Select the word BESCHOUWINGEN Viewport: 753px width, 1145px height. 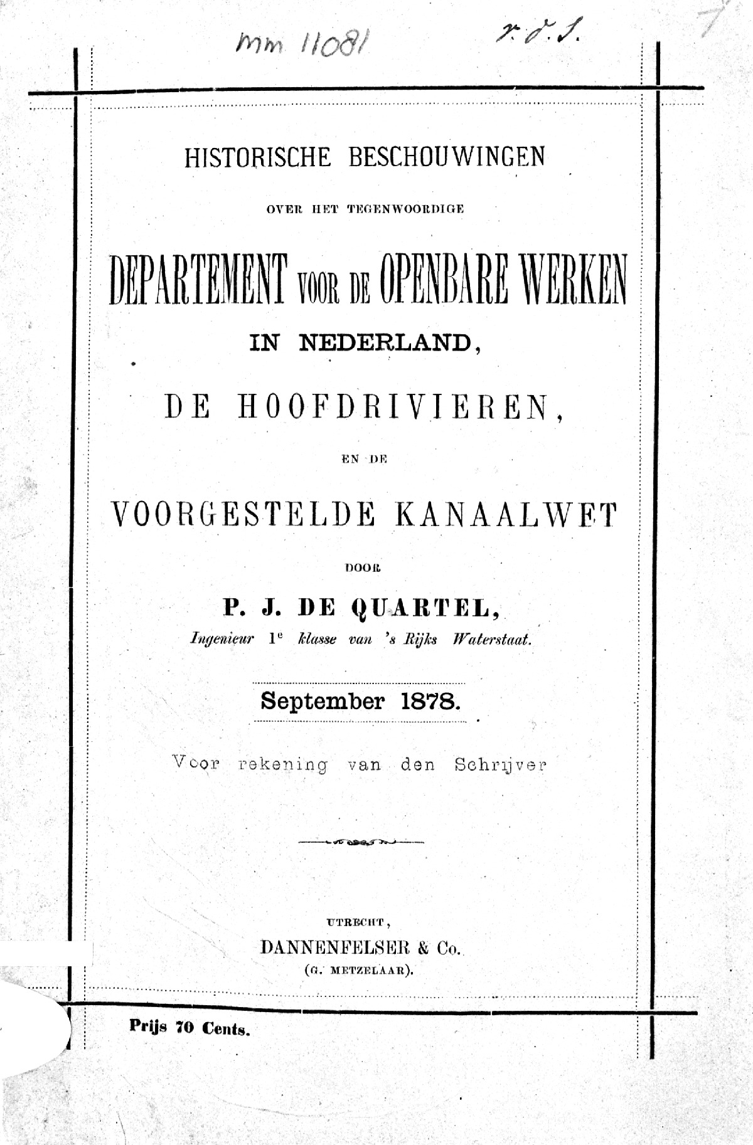446,157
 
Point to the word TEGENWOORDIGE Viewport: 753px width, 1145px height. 405,210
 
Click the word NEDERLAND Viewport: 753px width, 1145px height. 385,343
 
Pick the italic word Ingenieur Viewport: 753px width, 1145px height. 222,640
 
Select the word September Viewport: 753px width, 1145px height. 322,701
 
